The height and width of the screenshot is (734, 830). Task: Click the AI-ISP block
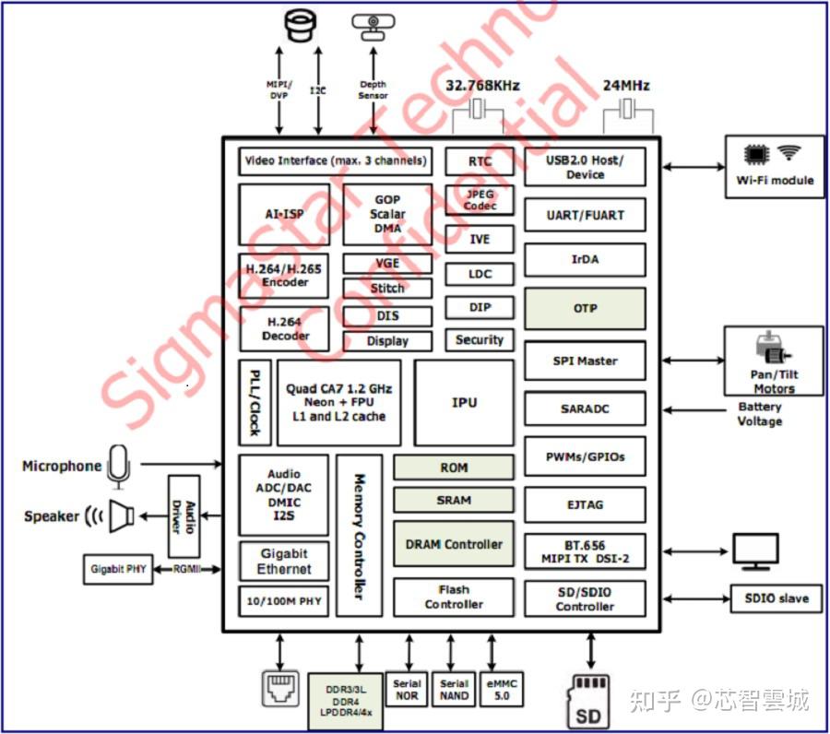point(285,215)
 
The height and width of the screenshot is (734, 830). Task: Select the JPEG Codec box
point(480,200)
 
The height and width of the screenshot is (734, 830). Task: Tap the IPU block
point(464,403)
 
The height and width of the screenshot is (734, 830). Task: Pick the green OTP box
point(585,309)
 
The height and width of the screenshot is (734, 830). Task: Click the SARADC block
point(585,408)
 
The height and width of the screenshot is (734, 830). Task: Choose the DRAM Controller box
point(454,544)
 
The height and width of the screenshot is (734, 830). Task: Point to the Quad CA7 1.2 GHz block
point(338,403)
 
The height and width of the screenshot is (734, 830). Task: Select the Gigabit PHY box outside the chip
point(119,570)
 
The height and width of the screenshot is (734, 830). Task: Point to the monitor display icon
point(755,551)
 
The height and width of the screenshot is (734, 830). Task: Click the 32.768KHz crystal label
point(482,86)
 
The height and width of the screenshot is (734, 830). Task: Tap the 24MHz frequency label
point(626,86)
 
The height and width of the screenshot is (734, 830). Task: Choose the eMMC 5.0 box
point(502,689)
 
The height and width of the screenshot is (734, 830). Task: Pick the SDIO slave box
point(776,598)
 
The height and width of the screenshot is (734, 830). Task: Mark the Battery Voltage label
point(760,414)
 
